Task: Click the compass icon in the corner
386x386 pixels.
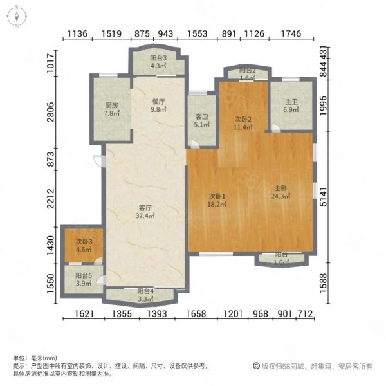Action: [x=17, y=17]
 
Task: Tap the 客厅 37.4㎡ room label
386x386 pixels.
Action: [x=145, y=212]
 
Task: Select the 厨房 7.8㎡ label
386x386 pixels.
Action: [x=112, y=109]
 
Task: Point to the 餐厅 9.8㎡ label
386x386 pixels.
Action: [x=158, y=106]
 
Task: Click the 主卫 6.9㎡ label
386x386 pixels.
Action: [x=291, y=106]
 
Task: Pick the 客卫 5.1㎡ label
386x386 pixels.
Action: [x=201, y=121]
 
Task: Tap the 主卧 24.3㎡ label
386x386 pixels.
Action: [x=280, y=192]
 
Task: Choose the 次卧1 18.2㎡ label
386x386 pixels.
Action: [x=217, y=200]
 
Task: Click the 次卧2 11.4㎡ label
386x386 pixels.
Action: [x=243, y=123]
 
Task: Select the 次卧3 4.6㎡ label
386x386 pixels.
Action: [x=84, y=245]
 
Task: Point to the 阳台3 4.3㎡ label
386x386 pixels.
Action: [x=158, y=62]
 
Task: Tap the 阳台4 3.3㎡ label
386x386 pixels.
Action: [x=145, y=295]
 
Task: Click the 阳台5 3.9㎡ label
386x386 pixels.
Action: [x=84, y=279]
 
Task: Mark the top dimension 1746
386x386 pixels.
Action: [x=291, y=33]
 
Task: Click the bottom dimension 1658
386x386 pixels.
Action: [x=196, y=314]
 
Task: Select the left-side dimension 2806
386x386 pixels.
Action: [x=51, y=112]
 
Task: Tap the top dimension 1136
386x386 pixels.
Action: [x=77, y=33]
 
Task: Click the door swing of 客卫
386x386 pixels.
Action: [x=194, y=145]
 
